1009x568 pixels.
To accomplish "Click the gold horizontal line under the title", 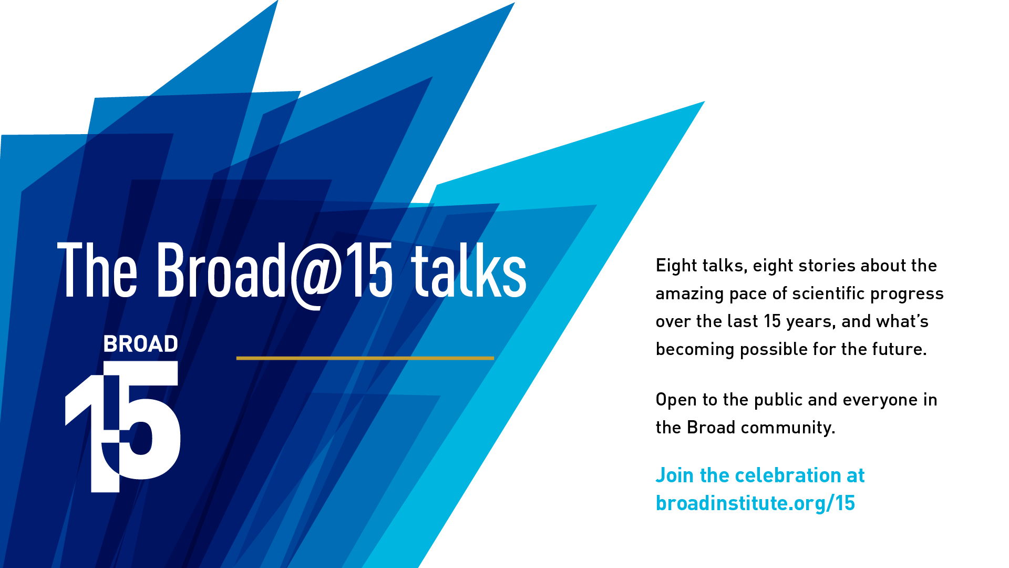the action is coord(365,358).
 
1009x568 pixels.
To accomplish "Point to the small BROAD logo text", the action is coord(141,344).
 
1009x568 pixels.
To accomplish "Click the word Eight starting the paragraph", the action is coord(675,266).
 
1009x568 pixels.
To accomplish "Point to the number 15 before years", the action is coord(773,321).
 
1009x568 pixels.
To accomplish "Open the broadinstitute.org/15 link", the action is coord(755,503).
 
